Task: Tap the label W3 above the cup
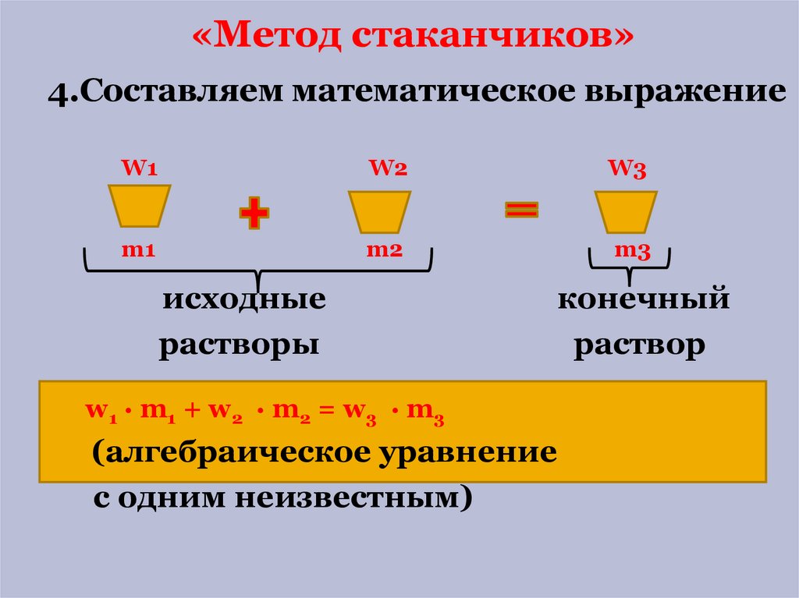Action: (x=627, y=168)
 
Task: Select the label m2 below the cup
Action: (x=384, y=250)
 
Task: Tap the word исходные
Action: (x=244, y=299)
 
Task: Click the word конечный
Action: (x=643, y=299)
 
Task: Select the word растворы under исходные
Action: (x=240, y=345)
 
